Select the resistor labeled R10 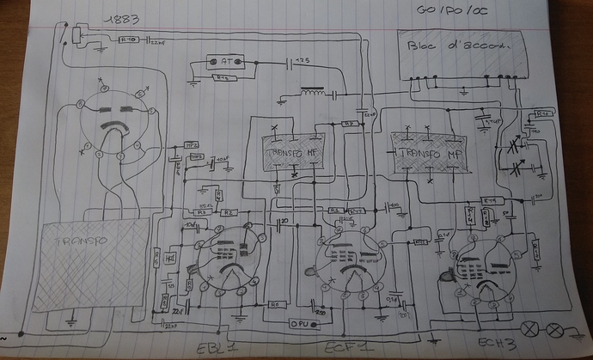(128, 39)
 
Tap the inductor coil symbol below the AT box (314, 92)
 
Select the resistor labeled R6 (276, 304)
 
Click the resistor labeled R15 (492, 200)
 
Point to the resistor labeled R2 (229, 211)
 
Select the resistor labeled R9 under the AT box (222, 77)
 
